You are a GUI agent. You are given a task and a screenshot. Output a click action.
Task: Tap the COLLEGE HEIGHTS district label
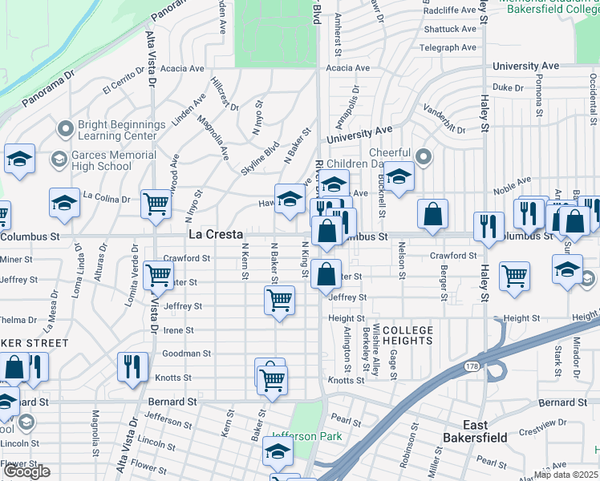click(407, 335)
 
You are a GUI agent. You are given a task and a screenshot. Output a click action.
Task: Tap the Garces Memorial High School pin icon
click(58, 160)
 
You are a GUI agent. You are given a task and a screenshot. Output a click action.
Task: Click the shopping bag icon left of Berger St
click(432, 214)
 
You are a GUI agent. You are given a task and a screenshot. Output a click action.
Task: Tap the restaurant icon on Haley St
click(488, 226)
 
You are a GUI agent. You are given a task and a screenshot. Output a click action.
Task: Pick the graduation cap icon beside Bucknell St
click(398, 176)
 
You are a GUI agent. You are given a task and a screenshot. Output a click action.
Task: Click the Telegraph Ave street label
click(448, 47)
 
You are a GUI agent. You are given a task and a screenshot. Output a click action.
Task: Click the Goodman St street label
click(187, 354)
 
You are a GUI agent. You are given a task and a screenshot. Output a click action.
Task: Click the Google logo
click(26, 471)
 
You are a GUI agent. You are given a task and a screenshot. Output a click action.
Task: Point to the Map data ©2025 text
click(567, 474)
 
